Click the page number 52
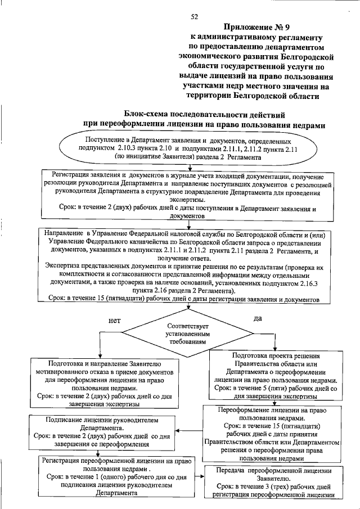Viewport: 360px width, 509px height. [x=195, y=17]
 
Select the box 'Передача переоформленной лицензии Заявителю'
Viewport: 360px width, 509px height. [x=273, y=482]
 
